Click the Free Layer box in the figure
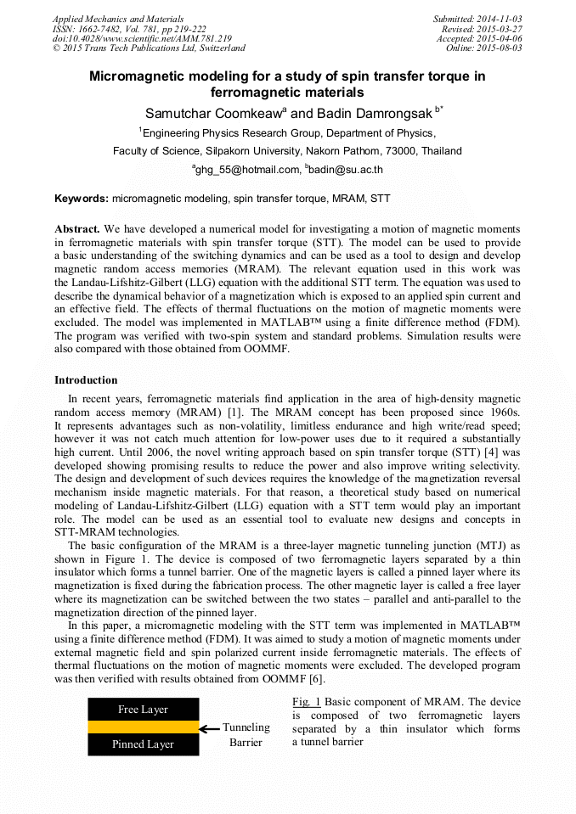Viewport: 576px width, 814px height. [x=143, y=710]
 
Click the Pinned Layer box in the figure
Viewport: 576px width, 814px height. [x=143, y=744]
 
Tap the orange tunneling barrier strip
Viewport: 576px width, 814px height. [x=143, y=727]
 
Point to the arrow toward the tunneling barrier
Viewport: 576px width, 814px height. [x=209, y=727]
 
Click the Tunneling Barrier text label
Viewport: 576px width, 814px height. [x=246, y=735]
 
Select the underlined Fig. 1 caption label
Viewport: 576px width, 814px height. [x=306, y=702]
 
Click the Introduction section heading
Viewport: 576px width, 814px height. [x=86, y=380]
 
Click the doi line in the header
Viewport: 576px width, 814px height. [x=142, y=38]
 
